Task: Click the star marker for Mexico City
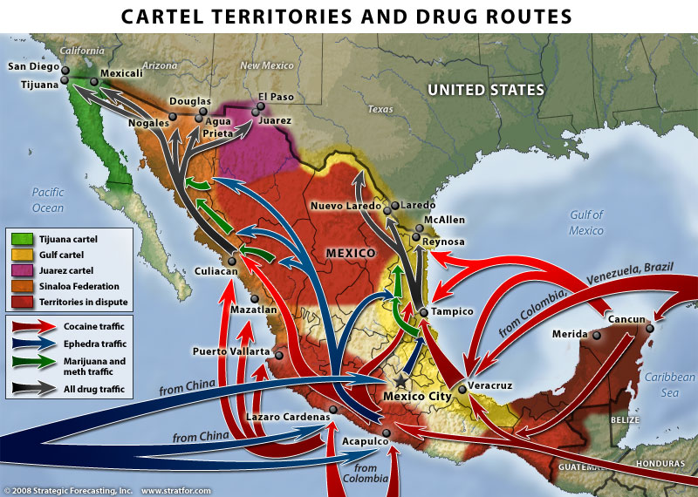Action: coord(400,381)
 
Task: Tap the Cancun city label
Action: coord(626,320)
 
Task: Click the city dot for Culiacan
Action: coord(232,261)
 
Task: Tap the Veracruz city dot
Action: coord(462,388)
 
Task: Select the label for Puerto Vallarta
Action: coord(231,351)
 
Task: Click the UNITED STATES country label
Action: coord(485,90)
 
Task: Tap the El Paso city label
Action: coord(274,97)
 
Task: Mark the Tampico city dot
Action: coord(422,311)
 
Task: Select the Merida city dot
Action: coord(597,334)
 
